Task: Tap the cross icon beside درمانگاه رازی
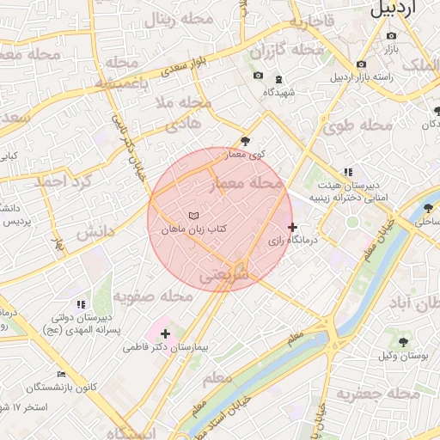coord(293,228)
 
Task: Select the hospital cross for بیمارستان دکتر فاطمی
coord(165,333)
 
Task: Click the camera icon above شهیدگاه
coord(258,76)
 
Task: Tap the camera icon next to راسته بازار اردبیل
coord(361,64)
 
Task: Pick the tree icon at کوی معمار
coord(247,141)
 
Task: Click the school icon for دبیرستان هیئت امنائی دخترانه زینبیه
coord(348,172)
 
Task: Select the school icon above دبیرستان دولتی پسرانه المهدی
coord(81,304)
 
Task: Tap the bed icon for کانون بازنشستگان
coord(61,374)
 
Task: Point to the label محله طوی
coord(358,125)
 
